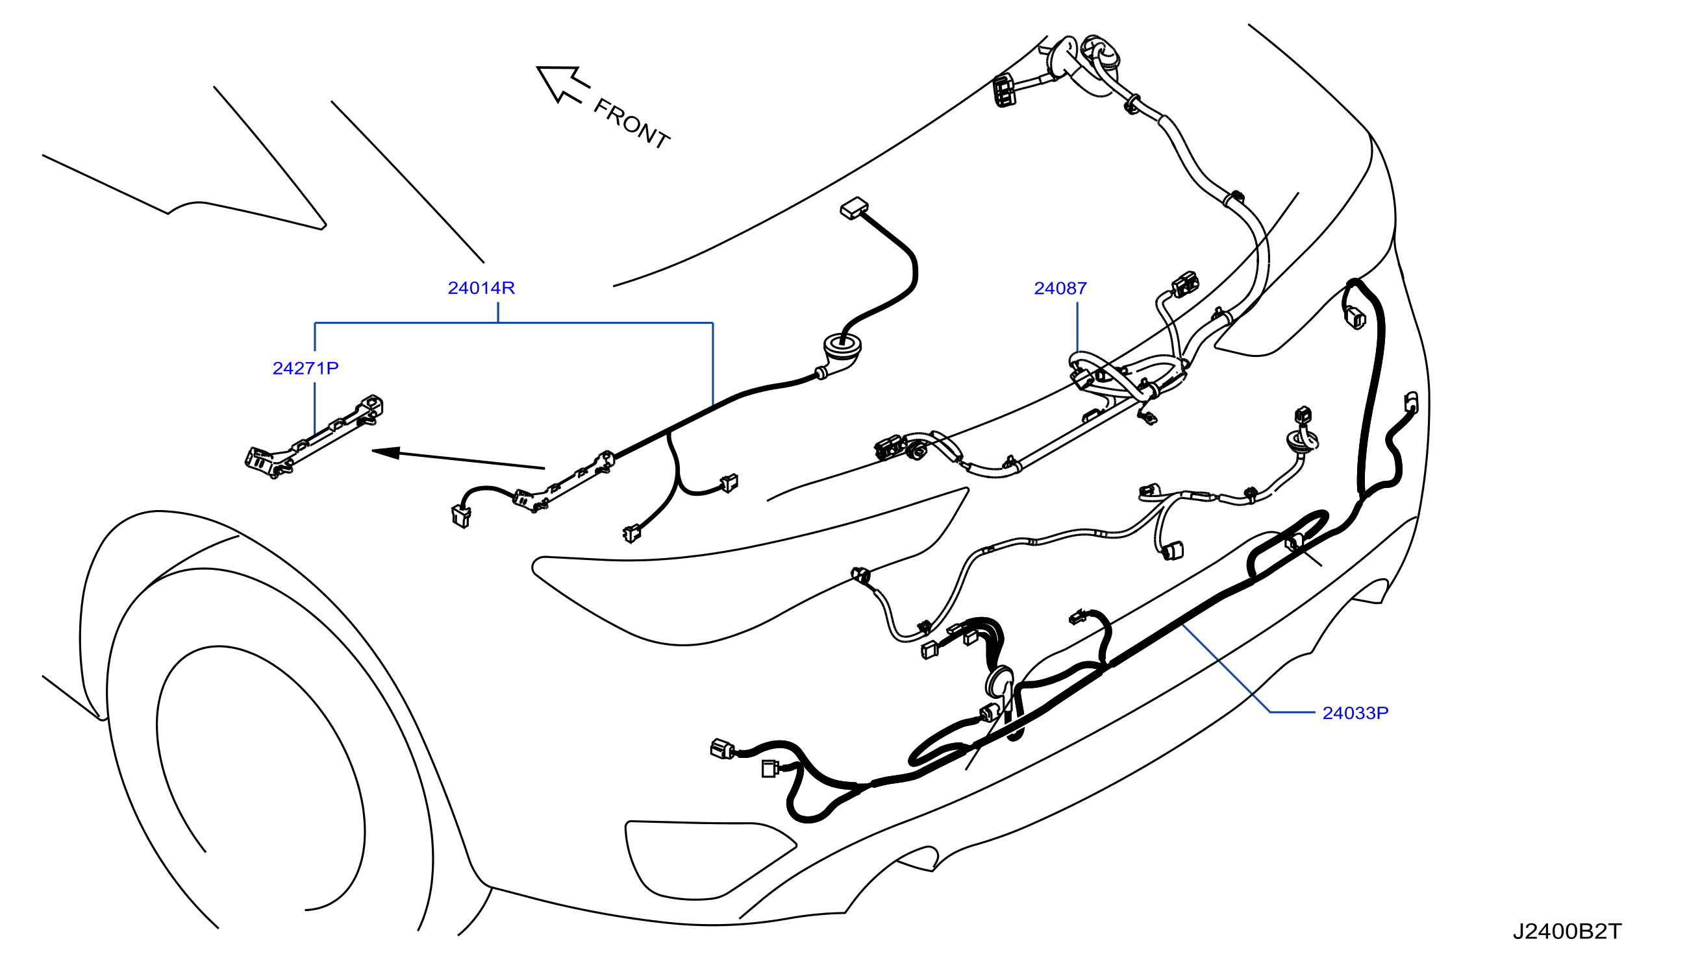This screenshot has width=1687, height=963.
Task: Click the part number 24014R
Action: [x=481, y=287]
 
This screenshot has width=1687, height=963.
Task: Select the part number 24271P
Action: [x=306, y=368]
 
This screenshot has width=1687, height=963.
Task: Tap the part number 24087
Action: [x=1060, y=288]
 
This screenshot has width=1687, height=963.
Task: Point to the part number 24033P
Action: [x=1355, y=713]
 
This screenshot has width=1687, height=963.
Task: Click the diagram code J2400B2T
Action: [x=1568, y=931]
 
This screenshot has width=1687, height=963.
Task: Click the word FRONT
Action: [x=631, y=124]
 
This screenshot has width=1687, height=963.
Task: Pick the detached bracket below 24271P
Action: [x=314, y=437]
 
